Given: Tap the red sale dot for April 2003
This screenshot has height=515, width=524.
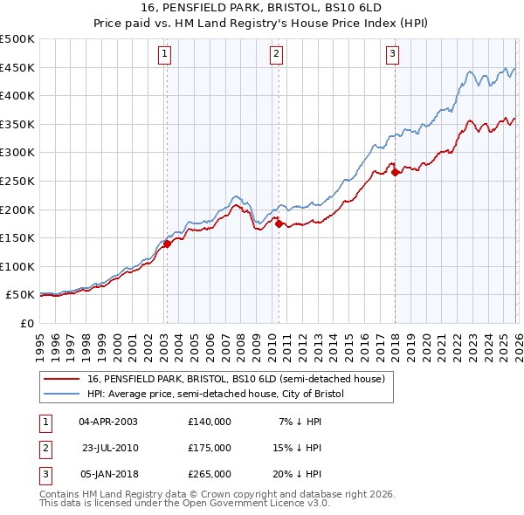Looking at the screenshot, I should pos(166,244).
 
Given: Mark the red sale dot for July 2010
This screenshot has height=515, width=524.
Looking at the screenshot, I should pos(279,224).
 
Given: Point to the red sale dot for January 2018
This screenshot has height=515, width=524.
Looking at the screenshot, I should pos(395,173).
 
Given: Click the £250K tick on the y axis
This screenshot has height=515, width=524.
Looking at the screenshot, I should pos(17,181).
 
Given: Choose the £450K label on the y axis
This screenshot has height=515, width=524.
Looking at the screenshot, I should pos(17,67).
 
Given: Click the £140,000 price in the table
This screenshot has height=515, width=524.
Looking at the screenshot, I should pos(210,421).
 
